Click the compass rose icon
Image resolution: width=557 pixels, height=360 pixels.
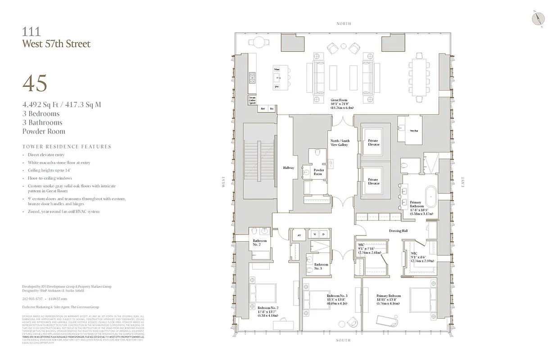[x=539, y=18]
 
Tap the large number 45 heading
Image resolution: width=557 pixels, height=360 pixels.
[x=35, y=83]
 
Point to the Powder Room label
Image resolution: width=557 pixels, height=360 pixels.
[x=318, y=172]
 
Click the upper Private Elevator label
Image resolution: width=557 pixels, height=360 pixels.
[x=373, y=143]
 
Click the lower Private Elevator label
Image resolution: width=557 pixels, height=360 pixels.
[x=373, y=181]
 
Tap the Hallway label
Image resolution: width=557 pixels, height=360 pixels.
[x=288, y=168]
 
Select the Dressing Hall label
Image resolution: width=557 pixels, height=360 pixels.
[x=398, y=231]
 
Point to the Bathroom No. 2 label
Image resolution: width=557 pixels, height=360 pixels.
[x=259, y=243]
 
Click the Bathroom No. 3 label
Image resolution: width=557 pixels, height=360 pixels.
[x=321, y=266]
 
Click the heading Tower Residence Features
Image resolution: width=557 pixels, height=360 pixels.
[x=67, y=147]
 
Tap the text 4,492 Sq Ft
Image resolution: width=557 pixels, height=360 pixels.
[x=40, y=105]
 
